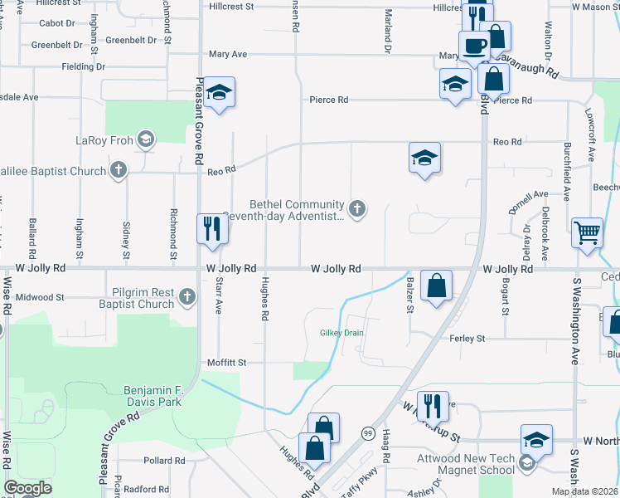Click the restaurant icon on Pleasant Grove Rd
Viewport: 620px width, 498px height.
tap(212, 228)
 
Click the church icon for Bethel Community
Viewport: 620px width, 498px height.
tap(357, 208)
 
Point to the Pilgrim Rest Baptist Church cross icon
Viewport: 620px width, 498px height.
tap(188, 296)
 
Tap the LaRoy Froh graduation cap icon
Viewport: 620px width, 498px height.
tap(146, 139)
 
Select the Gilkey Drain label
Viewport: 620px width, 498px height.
tap(342, 333)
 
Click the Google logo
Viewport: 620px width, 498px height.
tap(27, 488)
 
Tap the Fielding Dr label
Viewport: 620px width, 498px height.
tap(84, 66)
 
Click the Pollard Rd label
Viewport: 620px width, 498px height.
tap(157, 461)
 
